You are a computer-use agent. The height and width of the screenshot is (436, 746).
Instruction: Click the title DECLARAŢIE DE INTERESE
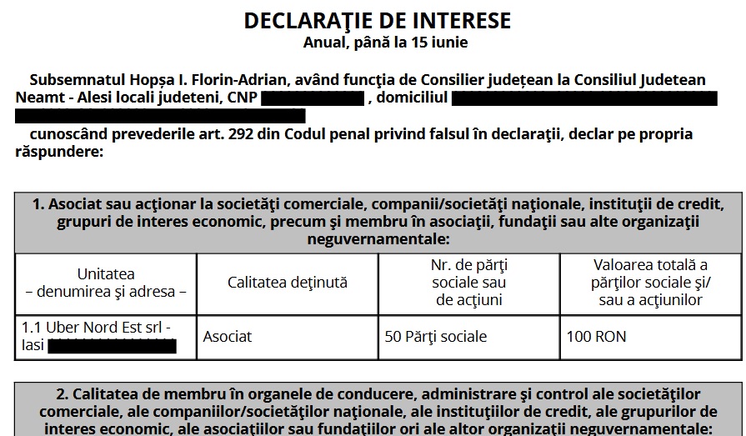point(378,21)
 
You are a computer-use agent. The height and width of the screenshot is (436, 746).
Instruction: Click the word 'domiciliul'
point(412,98)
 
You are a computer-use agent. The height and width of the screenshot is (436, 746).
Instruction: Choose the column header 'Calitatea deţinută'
point(288,283)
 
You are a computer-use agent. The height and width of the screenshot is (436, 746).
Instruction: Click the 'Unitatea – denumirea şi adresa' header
point(106,283)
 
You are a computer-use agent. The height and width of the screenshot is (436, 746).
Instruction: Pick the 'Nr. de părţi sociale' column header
point(469,283)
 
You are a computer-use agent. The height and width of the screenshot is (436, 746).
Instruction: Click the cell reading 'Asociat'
point(228,337)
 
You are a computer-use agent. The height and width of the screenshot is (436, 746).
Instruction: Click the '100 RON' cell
point(597,337)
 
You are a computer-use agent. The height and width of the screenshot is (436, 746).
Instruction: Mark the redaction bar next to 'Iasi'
point(112,346)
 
